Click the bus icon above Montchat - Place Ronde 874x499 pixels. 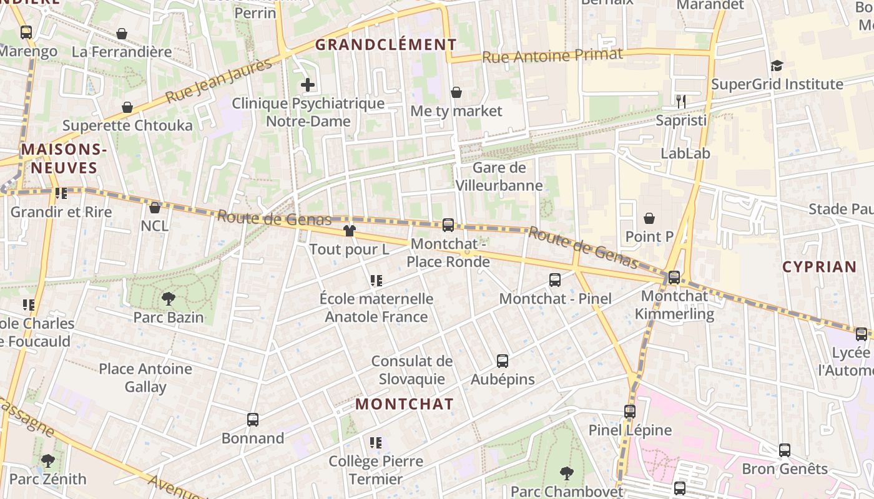coord(448,225)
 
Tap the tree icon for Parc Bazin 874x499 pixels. coord(168,299)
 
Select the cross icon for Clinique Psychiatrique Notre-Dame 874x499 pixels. coord(308,85)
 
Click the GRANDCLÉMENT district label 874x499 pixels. coord(386,45)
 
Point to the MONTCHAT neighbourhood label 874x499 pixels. coord(405,404)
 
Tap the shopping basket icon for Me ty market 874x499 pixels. coord(456,93)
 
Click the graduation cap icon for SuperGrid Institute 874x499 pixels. coord(777,65)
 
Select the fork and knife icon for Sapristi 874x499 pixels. coord(680,102)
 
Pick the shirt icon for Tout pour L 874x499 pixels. coord(349,231)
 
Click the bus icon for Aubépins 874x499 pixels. coord(503,361)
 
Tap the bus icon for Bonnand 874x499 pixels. coord(253,420)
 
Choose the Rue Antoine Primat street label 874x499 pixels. coord(552,56)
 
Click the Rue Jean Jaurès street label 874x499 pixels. coord(219,80)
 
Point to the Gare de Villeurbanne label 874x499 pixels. coord(499,177)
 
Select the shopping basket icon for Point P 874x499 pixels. coord(649,218)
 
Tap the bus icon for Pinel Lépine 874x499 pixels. coord(630,412)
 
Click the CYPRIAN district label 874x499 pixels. coord(820,267)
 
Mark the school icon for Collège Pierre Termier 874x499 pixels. coord(376,443)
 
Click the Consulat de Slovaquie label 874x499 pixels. coord(412,370)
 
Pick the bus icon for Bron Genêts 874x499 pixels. coord(785,450)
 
